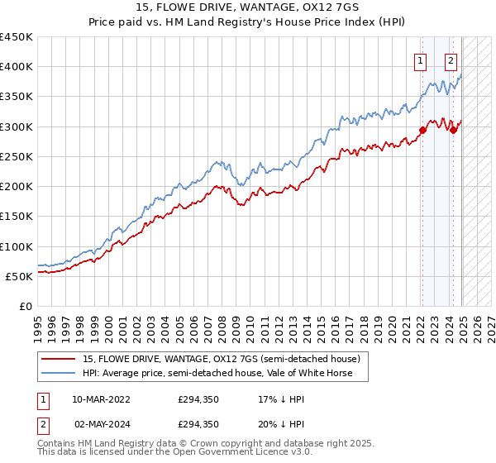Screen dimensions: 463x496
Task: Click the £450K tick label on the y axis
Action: pos(17,37)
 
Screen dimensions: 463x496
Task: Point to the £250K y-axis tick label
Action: pos(17,156)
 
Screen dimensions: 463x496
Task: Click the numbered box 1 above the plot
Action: pos(421,60)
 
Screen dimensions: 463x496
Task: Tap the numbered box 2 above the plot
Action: pos(451,60)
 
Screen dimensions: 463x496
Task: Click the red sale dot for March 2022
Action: pos(422,130)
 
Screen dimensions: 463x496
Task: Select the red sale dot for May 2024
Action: pos(454,130)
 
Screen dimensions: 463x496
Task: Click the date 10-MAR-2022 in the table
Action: pos(101,399)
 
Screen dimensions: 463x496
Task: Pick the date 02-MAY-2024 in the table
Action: pos(101,423)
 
